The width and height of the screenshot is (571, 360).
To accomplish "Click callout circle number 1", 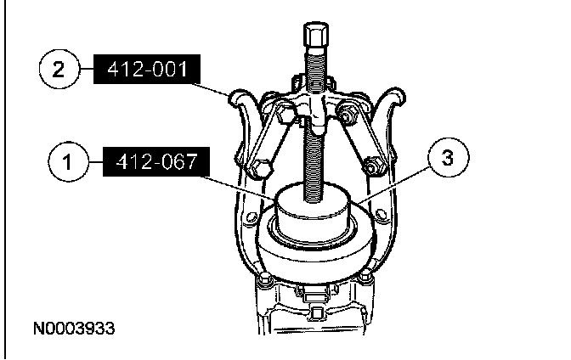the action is point(68,161).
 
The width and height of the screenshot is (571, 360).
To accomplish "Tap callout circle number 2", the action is point(59,69).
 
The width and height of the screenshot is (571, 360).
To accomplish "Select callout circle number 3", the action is point(449,157).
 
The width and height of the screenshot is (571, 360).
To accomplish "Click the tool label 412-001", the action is point(147,69).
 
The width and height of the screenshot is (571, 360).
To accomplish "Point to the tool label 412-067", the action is point(156,161).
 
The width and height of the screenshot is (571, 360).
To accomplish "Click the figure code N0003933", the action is point(74,329).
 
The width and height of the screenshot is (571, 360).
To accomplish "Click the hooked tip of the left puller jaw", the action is point(241,98).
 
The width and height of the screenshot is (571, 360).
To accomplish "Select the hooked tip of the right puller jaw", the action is point(393,95).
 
